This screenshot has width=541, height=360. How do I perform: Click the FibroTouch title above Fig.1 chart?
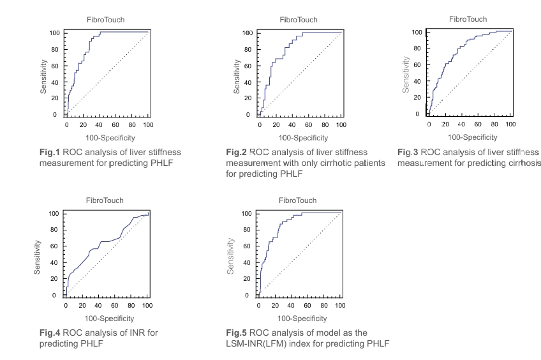point(107,20)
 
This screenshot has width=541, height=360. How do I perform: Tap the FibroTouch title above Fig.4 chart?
point(107,200)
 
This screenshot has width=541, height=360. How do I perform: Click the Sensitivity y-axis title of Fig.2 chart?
point(237,77)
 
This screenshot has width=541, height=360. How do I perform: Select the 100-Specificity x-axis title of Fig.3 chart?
point(472,137)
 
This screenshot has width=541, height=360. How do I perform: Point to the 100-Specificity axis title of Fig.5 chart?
point(302,318)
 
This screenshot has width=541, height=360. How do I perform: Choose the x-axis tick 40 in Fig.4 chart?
point(98,306)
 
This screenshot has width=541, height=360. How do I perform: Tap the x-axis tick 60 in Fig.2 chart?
point(309,125)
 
